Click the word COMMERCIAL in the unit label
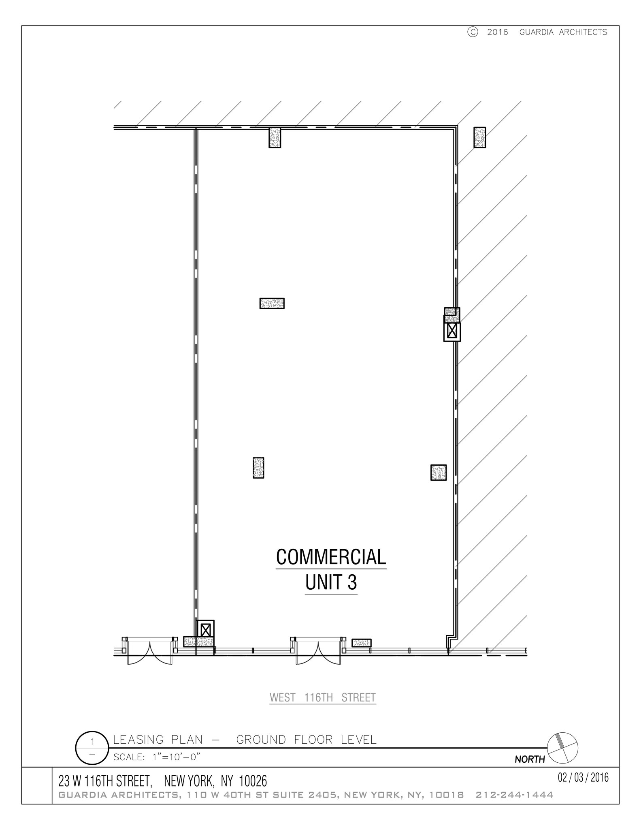click(x=331, y=557)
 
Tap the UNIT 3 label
click(x=331, y=583)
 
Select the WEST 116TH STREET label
click(x=323, y=697)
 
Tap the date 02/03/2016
click(x=583, y=778)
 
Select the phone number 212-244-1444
click(x=514, y=795)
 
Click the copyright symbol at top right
click(x=473, y=32)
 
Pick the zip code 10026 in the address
click(x=253, y=781)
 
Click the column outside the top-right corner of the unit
click(x=480, y=137)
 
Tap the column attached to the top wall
click(x=275, y=138)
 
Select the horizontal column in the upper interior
click(x=272, y=303)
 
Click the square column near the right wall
click(x=439, y=473)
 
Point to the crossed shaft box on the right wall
click(x=452, y=332)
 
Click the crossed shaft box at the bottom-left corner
click(x=206, y=630)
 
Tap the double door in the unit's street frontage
click(x=318, y=653)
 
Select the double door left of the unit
click(x=150, y=653)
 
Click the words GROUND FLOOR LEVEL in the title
click(x=306, y=740)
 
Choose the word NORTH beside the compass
click(x=530, y=759)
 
